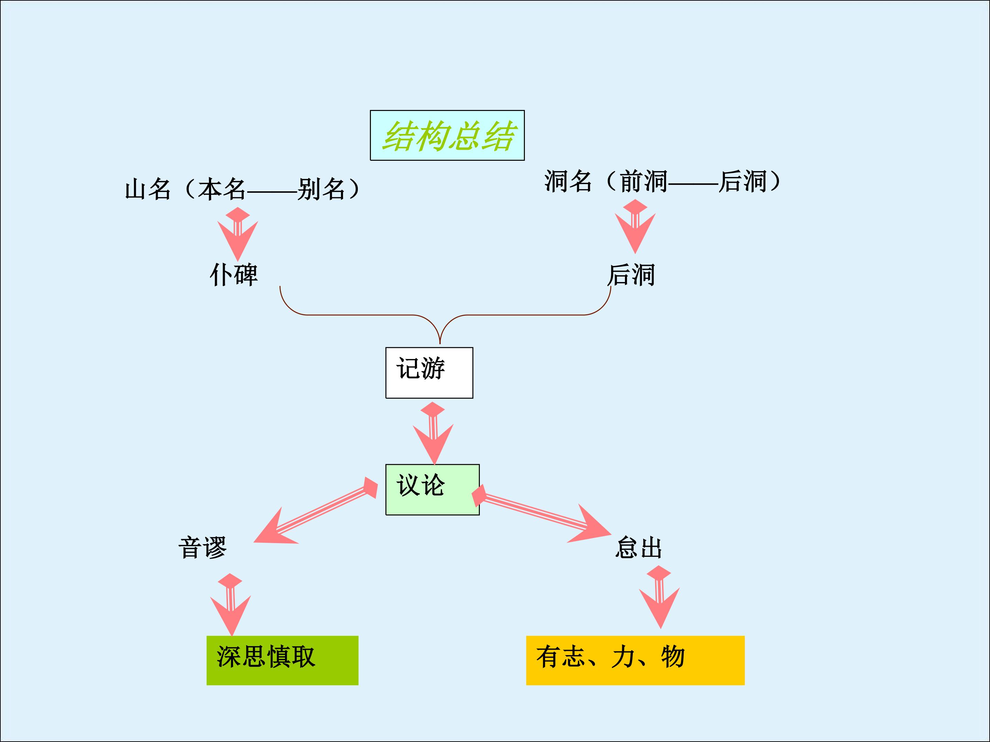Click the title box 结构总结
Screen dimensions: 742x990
[447, 135]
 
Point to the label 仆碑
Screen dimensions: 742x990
[234, 274]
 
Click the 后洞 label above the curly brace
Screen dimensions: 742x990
[631, 274]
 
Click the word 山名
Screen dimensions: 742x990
[148, 189]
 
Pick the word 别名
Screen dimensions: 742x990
[321, 189]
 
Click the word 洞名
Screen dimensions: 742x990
[568, 181]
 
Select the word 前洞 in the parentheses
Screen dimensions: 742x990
[643, 181]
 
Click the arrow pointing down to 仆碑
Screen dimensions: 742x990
[238, 234]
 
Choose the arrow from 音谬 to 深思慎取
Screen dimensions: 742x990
[231, 604]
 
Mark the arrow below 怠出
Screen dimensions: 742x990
[659, 597]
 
